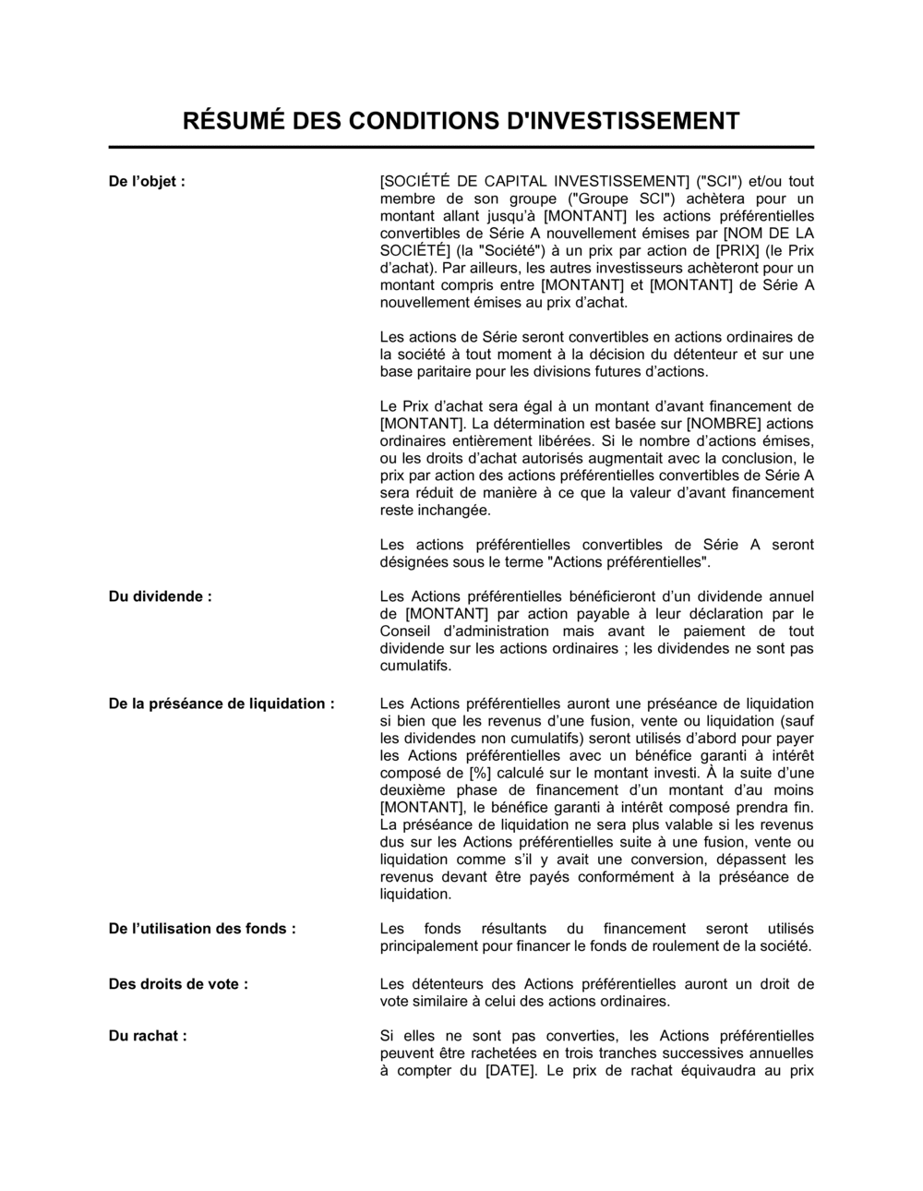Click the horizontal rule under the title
coord(461,147)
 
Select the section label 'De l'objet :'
coord(147,181)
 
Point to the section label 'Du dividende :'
coord(160,596)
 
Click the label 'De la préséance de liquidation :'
coord(222,704)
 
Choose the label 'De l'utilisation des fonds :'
coord(202,929)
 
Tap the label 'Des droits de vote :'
coord(178,984)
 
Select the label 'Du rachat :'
coord(148,1036)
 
